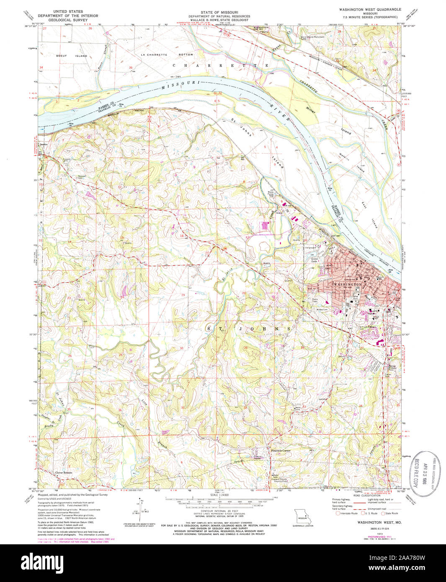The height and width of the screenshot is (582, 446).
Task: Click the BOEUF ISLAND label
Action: pos(72,56)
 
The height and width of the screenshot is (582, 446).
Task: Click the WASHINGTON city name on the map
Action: pos(347,284)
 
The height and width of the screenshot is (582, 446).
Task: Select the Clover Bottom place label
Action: pos(64,472)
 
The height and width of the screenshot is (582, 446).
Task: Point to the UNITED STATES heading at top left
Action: pos(68,12)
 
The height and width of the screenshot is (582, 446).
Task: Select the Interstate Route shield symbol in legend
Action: pos(338,513)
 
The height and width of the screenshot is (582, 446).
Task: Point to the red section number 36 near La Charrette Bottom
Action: pos(131,67)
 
